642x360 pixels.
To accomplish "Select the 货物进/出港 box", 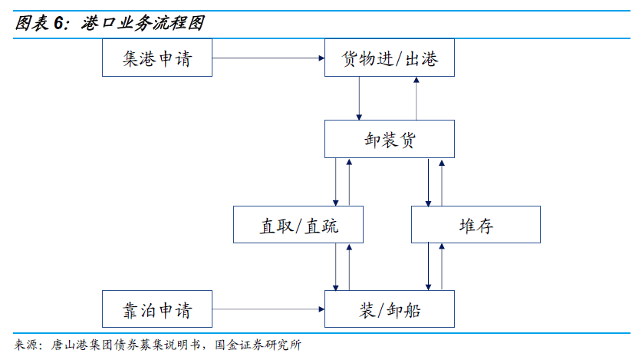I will click(x=389, y=58).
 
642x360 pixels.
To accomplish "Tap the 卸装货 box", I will click(x=389, y=139).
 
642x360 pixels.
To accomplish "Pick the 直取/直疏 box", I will click(x=298, y=225).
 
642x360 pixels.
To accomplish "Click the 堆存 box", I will click(x=476, y=225).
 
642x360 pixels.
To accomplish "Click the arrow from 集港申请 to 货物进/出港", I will click(x=268, y=58).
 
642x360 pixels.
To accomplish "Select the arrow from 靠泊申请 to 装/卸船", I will click(x=268, y=309).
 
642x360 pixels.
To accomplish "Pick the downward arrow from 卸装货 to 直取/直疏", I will click(x=336, y=182).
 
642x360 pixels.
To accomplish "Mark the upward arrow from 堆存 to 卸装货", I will click(x=442, y=182).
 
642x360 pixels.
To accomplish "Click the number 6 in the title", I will click(x=59, y=23).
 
